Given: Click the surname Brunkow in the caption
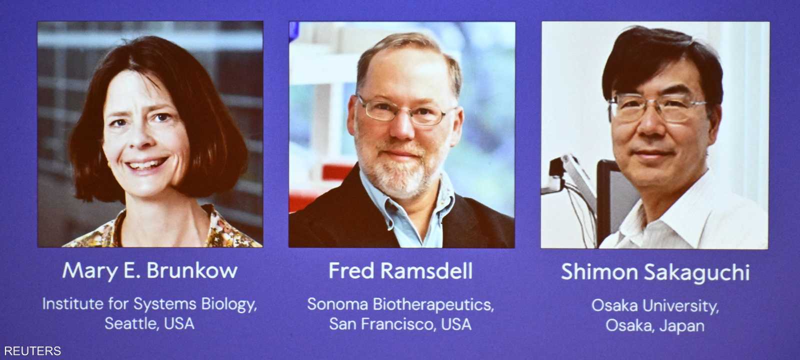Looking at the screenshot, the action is pyautogui.click(x=192, y=270).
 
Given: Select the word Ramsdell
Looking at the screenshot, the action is pyautogui.click(x=426, y=270).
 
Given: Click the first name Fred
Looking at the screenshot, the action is pyautogui.click(x=352, y=270).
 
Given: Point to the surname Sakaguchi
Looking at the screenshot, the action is pyautogui.click(x=697, y=273).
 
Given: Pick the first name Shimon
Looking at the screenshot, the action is pyautogui.click(x=599, y=272).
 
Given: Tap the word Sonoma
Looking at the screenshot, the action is pyautogui.click(x=337, y=304).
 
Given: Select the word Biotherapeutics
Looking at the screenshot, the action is pyautogui.click(x=433, y=304).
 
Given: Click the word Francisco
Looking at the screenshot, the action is pyautogui.click(x=400, y=324).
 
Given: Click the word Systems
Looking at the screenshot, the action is pyautogui.click(x=164, y=304).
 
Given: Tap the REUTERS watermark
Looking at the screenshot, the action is pyautogui.click(x=32, y=351).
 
